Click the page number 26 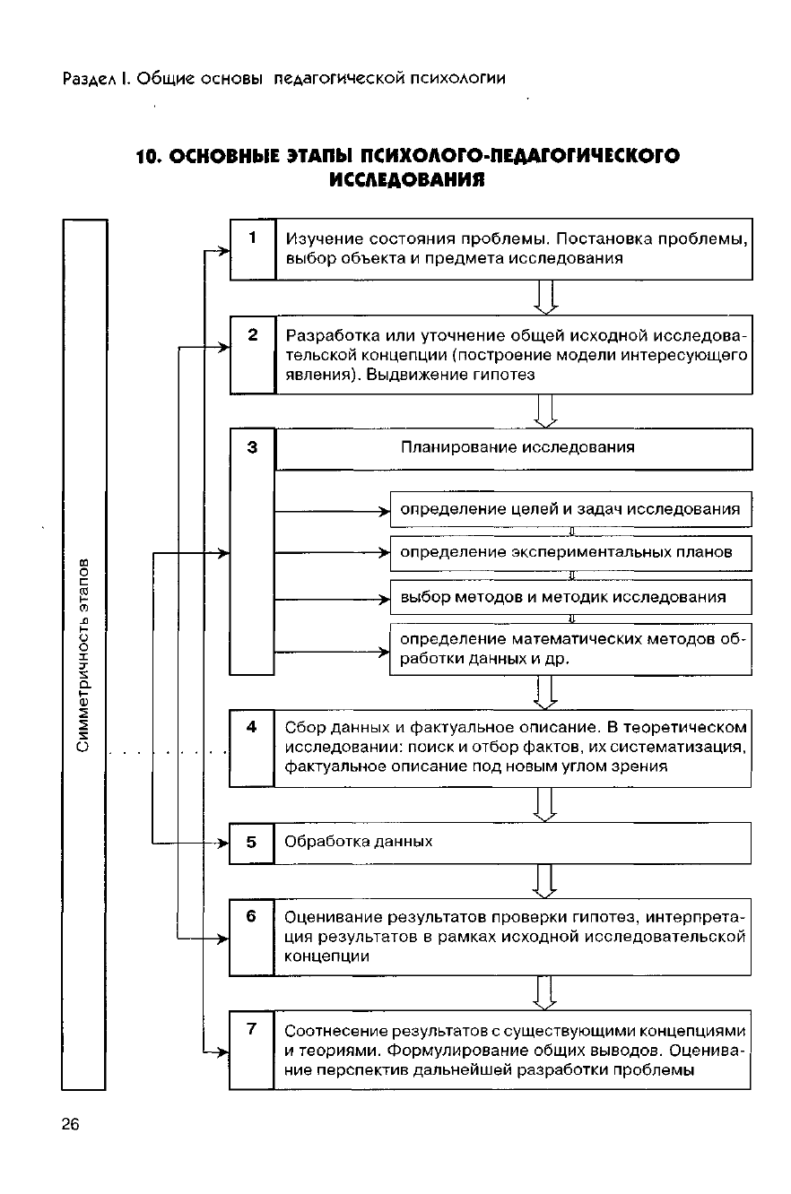click(71, 1125)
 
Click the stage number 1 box click(253, 249)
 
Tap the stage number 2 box click(253, 354)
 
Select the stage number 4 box click(252, 748)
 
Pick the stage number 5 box click(251, 843)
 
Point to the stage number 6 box click(251, 937)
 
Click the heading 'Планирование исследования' click(517, 448)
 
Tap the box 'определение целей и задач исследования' click(569, 509)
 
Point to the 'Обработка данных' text click(358, 842)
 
